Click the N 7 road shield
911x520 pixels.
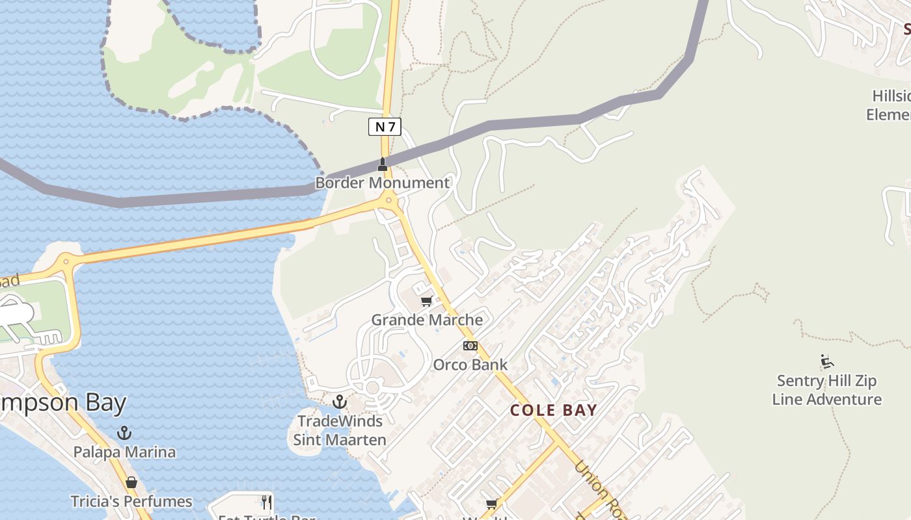[385, 127]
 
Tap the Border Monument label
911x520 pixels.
[382, 183]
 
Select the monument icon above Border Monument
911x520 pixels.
[383, 164]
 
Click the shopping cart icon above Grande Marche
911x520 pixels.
[427, 301]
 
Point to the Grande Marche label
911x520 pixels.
[427, 320]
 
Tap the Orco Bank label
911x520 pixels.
[470, 365]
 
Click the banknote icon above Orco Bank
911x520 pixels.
[470, 346]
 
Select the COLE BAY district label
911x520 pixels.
[553, 410]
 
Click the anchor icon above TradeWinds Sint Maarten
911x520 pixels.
[339, 402]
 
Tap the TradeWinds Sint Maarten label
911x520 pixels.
[339, 430]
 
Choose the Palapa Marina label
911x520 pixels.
[124, 452]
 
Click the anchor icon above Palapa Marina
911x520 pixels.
[124, 433]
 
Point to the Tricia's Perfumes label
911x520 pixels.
[132, 501]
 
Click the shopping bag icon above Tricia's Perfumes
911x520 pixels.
[131, 482]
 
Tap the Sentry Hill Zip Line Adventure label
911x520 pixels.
[826, 390]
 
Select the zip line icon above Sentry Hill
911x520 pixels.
[827, 361]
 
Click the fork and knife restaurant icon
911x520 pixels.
[266, 502]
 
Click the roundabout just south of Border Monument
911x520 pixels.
[388, 200]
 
